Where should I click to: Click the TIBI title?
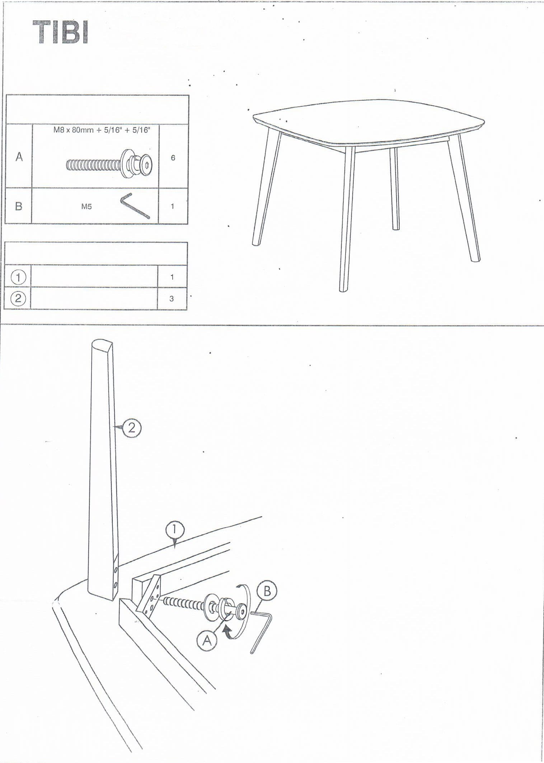pyautogui.click(x=61, y=33)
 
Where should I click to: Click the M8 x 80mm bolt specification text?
pyautogui.click(x=102, y=130)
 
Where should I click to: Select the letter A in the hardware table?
pyautogui.click(x=19, y=157)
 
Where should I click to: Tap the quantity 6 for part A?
pyautogui.click(x=173, y=158)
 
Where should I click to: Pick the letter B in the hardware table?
pyautogui.click(x=19, y=206)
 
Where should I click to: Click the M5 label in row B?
pyautogui.click(x=86, y=207)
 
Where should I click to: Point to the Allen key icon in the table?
pyautogui.click(x=135, y=206)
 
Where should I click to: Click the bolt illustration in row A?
pyautogui.click(x=109, y=165)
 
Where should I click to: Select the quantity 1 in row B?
pyautogui.click(x=173, y=206)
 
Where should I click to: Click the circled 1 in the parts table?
pyautogui.click(x=18, y=277)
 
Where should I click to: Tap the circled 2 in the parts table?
pyautogui.click(x=18, y=298)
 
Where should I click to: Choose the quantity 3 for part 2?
pyautogui.click(x=172, y=299)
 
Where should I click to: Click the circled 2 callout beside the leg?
pyautogui.click(x=131, y=428)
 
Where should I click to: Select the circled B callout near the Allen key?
pyautogui.click(x=267, y=591)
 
